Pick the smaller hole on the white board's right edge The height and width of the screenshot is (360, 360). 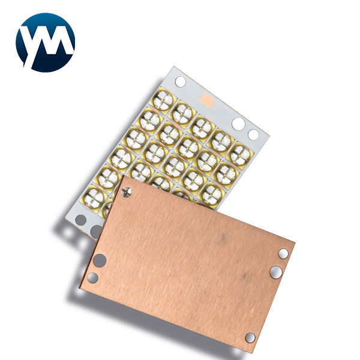(253, 134)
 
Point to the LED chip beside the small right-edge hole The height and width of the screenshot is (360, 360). (241, 154)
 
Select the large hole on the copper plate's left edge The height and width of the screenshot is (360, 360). (100, 260)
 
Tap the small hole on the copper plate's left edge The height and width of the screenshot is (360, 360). (93, 277)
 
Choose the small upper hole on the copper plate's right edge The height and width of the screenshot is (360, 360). (283, 254)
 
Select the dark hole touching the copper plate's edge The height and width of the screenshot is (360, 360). (96, 231)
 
